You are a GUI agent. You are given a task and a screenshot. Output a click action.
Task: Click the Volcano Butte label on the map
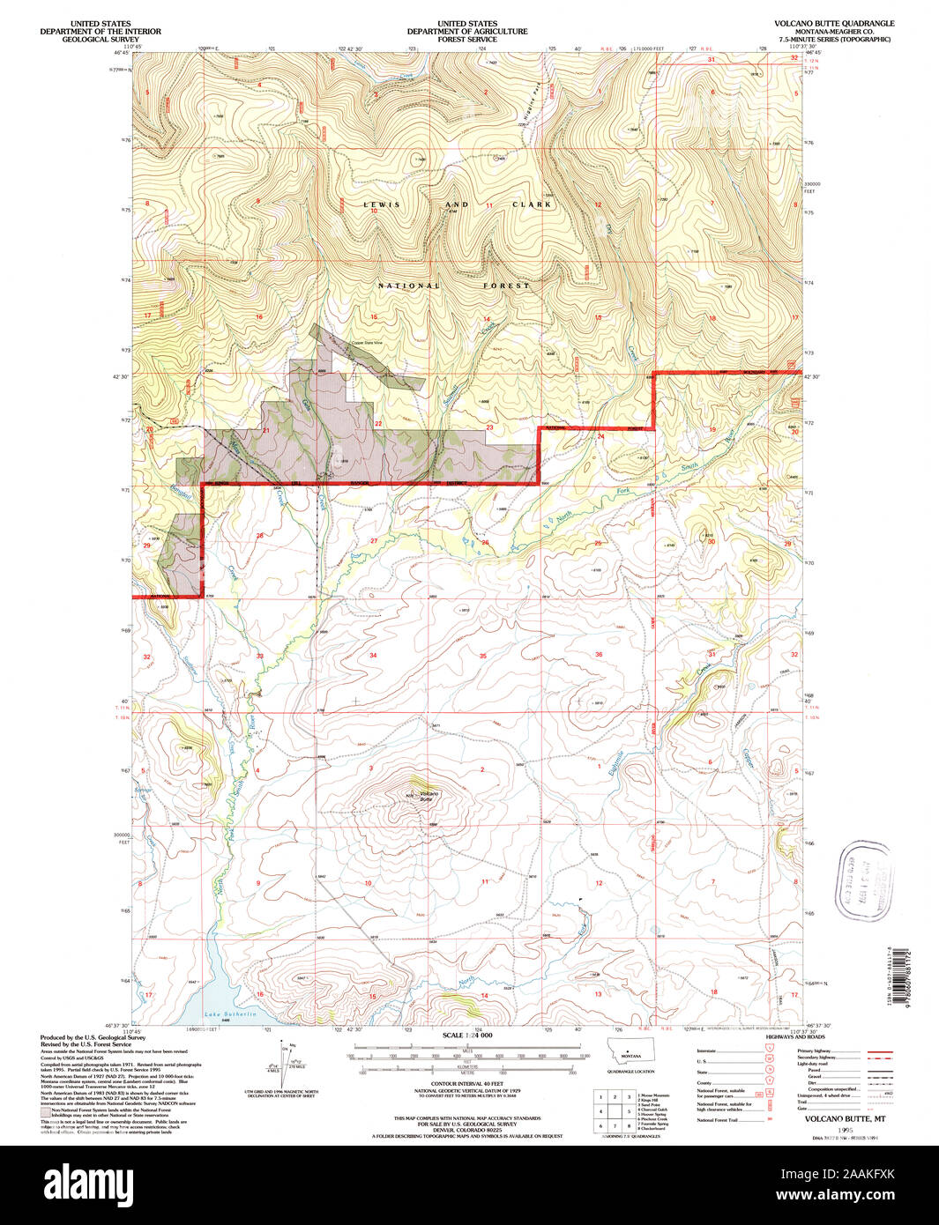click(428, 796)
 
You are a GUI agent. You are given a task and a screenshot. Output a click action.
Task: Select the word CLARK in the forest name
click(532, 204)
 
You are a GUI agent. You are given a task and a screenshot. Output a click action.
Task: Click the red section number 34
click(373, 655)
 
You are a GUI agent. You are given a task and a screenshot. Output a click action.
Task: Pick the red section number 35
click(482, 656)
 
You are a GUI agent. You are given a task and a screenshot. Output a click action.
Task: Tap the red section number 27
click(374, 540)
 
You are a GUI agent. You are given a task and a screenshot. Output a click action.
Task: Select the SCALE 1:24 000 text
click(467, 1036)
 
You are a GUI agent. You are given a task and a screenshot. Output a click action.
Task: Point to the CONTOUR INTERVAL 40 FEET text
click(466, 1082)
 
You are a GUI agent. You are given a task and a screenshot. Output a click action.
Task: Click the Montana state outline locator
click(630, 1054)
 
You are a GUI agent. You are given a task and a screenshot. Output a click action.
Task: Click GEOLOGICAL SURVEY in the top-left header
click(99, 40)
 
